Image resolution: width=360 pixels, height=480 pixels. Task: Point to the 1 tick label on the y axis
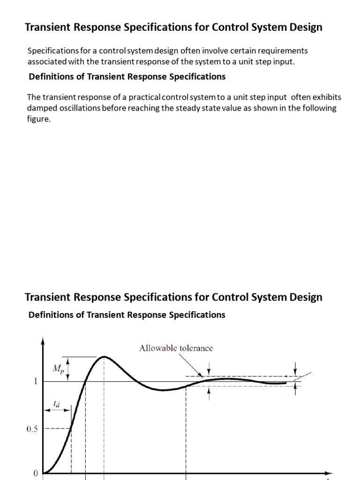[35, 381]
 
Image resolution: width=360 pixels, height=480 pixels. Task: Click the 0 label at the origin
[35, 473]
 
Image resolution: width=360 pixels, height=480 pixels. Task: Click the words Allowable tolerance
[176, 348]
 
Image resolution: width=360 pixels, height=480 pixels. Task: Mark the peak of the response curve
[104, 357]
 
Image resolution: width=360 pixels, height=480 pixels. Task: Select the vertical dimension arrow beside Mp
[69, 369]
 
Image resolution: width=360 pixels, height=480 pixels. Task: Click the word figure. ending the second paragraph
[39, 119]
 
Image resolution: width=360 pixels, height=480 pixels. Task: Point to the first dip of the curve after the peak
[162, 390]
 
